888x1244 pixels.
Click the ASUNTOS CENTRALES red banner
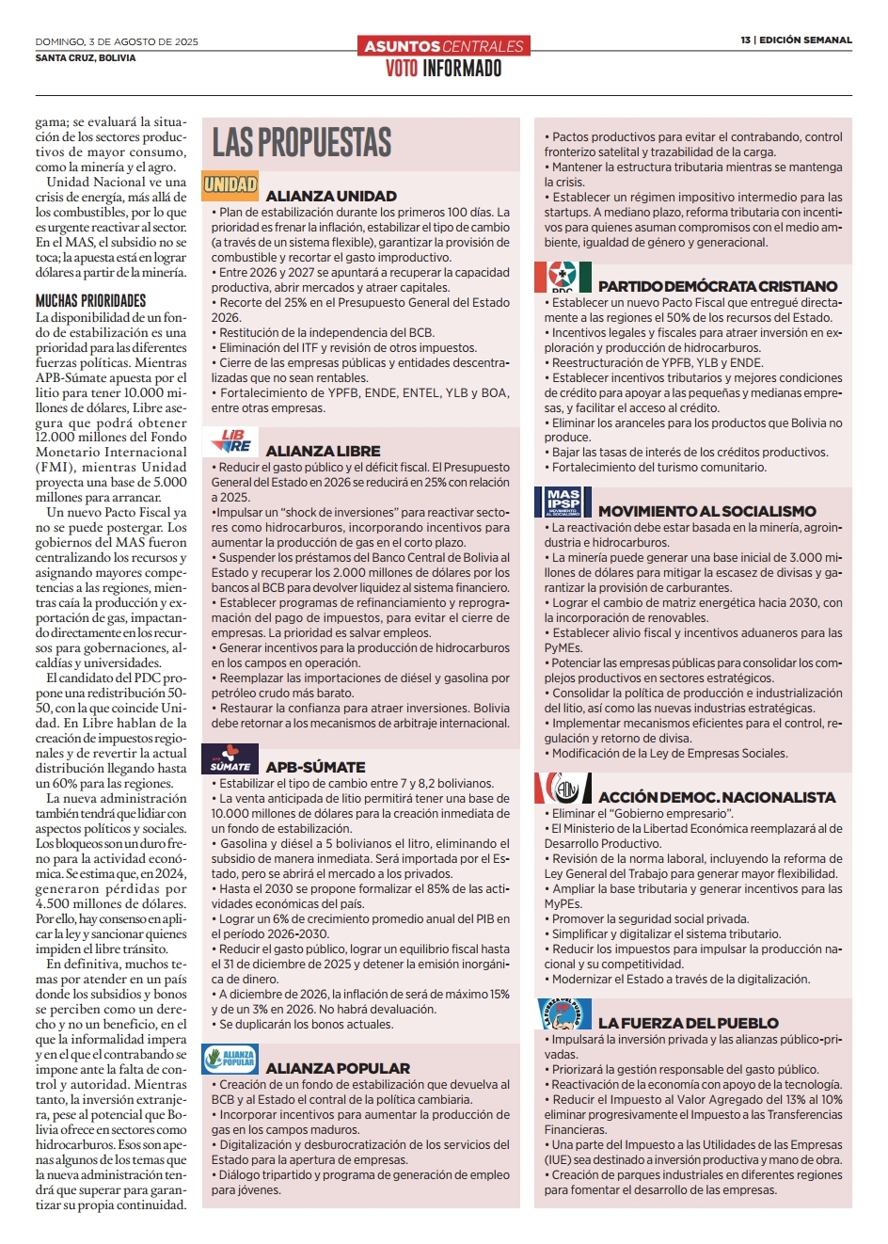pyautogui.click(x=443, y=46)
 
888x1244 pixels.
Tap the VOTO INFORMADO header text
pyautogui.click(x=443, y=69)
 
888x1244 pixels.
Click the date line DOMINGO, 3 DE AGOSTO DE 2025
pyautogui.click(x=117, y=42)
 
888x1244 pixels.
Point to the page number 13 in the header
pyautogui.click(x=745, y=40)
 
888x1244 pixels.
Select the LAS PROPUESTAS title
pyautogui.click(x=302, y=143)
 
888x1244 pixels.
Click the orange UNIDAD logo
pyautogui.click(x=230, y=184)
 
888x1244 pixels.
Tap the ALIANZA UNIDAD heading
pyautogui.click(x=331, y=197)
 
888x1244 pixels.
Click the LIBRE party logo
pyautogui.click(x=230, y=440)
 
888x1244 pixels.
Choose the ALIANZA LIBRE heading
pyautogui.click(x=323, y=452)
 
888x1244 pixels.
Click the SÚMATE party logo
pyautogui.click(x=230, y=758)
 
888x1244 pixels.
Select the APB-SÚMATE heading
pyautogui.click(x=315, y=768)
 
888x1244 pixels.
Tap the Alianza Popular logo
pyautogui.click(x=230, y=1059)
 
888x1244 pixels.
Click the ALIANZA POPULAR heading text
pyautogui.click(x=338, y=1069)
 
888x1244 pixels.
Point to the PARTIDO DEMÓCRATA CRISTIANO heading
pyautogui.click(x=717, y=286)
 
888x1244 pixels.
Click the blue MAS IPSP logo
pyautogui.click(x=563, y=502)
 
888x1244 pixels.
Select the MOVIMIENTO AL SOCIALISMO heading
pyautogui.click(x=706, y=512)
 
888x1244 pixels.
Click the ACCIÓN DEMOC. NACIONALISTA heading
pyautogui.click(x=717, y=798)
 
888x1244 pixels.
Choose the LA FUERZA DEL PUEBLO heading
pyautogui.click(x=688, y=1024)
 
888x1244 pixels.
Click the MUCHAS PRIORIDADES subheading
pyautogui.click(x=91, y=301)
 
